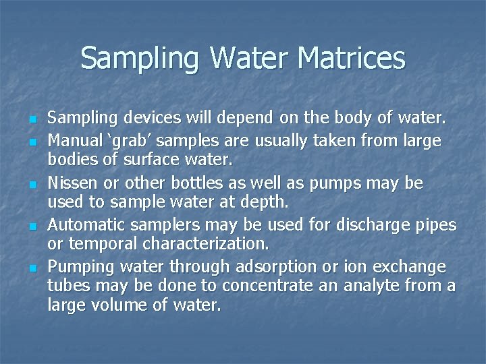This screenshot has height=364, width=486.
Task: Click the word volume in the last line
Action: pos(119,305)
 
